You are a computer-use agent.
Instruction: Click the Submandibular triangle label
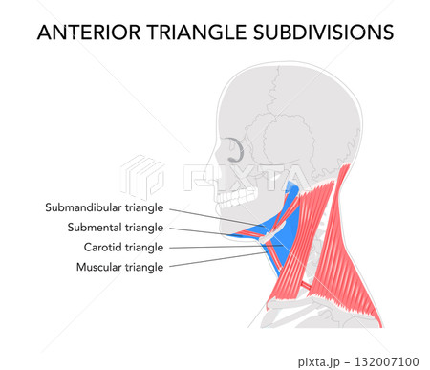[x=104, y=207]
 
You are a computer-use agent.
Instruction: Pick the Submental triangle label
[x=116, y=227]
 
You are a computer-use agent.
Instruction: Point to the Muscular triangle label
[x=119, y=267]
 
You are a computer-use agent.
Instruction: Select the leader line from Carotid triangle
[x=220, y=248]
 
